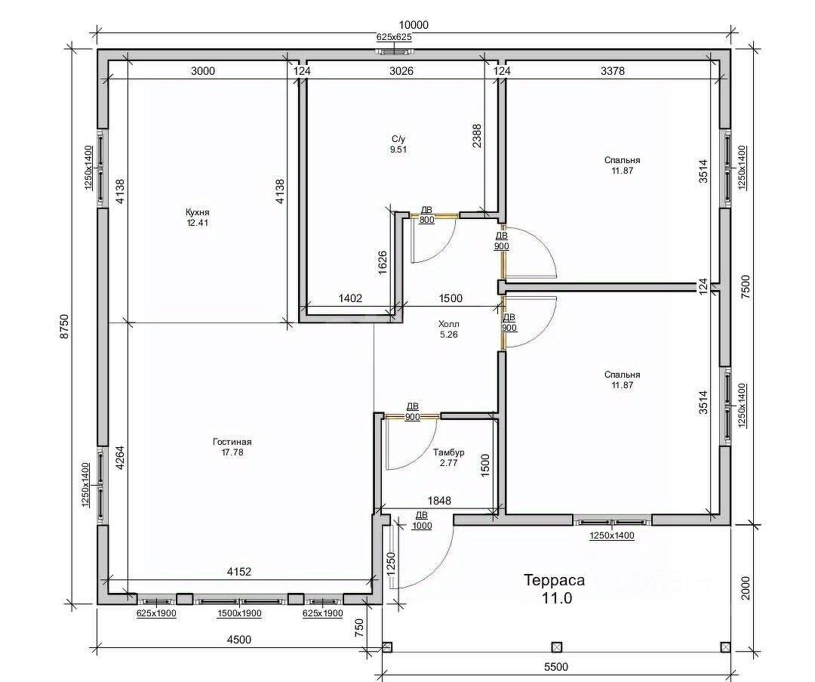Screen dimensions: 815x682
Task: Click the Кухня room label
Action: (x=198, y=213)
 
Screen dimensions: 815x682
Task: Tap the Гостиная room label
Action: (x=232, y=442)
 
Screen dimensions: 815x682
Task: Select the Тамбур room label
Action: (x=448, y=452)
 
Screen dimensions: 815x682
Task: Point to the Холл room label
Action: (x=449, y=325)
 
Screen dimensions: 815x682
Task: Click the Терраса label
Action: (x=554, y=580)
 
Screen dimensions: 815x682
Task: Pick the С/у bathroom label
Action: (x=398, y=139)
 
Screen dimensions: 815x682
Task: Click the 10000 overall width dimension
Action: (x=414, y=25)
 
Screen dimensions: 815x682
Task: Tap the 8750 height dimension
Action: (x=64, y=326)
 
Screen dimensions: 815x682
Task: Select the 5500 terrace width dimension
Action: (x=556, y=667)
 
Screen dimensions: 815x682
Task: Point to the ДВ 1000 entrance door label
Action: (x=422, y=520)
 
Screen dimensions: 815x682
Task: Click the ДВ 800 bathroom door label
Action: (x=426, y=214)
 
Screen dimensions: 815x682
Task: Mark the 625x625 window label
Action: (x=394, y=37)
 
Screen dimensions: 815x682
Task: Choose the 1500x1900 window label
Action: (x=239, y=614)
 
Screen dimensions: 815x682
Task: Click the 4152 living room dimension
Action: (x=239, y=572)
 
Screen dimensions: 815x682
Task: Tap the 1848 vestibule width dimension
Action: (x=439, y=501)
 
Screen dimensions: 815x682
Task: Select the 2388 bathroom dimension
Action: (x=477, y=136)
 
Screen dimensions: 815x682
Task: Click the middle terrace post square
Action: (x=557, y=647)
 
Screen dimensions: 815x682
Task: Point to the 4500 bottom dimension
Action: (x=239, y=640)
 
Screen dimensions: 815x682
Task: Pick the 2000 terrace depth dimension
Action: (x=746, y=588)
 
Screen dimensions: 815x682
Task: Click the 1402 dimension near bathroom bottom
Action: (x=350, y=298)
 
